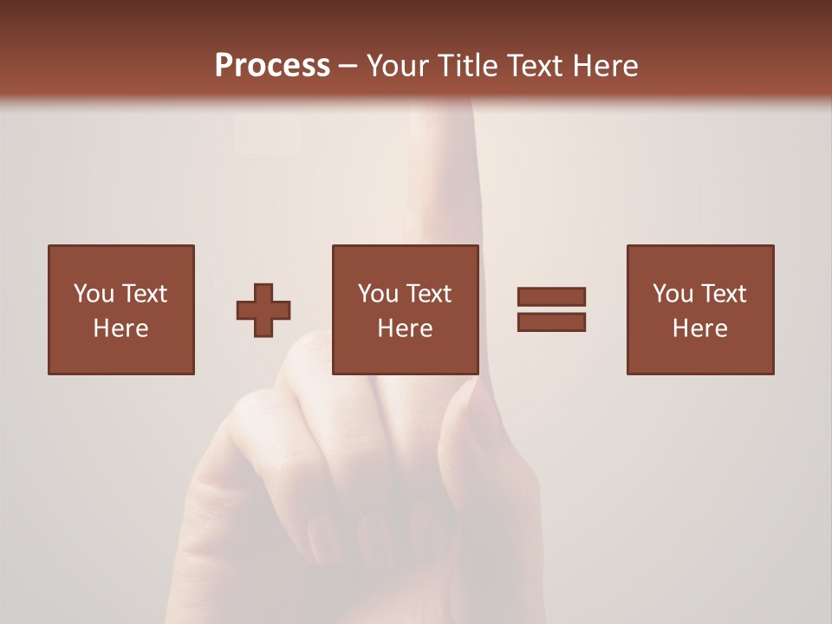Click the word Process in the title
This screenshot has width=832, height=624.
coord(272,66)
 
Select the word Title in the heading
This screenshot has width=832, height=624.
coord(470,66)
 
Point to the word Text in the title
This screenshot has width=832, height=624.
coord(539,66)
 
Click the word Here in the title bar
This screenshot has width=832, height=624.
coord(607,66)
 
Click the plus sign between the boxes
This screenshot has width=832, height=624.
coord(263,310)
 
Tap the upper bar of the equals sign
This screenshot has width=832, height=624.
coord(551,297)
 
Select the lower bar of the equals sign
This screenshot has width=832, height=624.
coord(551,322)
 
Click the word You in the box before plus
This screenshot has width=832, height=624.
coord(93,294)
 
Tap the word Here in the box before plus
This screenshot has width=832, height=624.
coord(120,328)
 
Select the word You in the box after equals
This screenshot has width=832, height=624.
coord(672,294)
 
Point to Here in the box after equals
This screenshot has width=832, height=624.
coord(699,328)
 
